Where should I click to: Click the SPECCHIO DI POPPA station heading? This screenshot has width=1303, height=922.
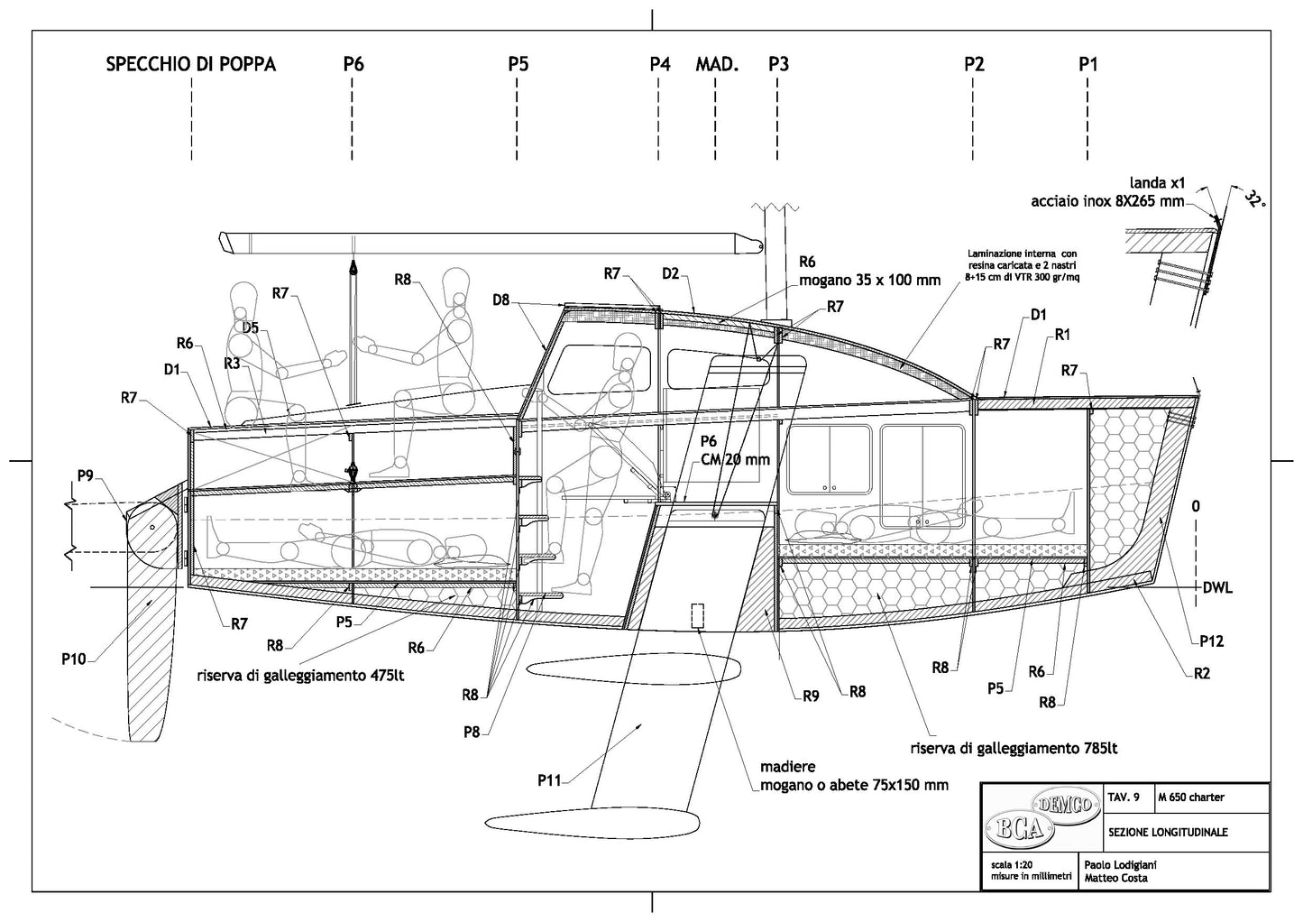pos(191,64)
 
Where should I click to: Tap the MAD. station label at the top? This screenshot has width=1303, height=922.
pos(717,64)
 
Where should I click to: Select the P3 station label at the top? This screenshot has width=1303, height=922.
pos(778,64)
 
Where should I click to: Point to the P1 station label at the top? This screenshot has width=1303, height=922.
pos(1088,64)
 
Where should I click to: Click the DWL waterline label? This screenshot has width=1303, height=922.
pos(1217,588)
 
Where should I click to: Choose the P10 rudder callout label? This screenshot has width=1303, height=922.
pos(75,659)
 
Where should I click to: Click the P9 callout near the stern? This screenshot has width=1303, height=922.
pos(86,475)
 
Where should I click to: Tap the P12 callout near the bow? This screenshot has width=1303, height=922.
pos(1211,641)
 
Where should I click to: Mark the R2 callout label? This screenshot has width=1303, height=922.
pos(1201,673)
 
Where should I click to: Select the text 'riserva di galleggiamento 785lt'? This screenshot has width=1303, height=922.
pos(1014,748)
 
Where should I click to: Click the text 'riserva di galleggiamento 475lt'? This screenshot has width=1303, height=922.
pos(301,675)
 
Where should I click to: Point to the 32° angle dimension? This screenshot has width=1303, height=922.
pos(1253,198)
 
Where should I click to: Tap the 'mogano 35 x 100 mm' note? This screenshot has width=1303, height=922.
pos(869,280)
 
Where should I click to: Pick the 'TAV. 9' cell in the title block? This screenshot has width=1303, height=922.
pos(1124,798)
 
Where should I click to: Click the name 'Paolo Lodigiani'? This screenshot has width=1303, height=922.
pos(1119,865)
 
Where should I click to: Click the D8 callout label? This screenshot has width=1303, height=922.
pos(501,299)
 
